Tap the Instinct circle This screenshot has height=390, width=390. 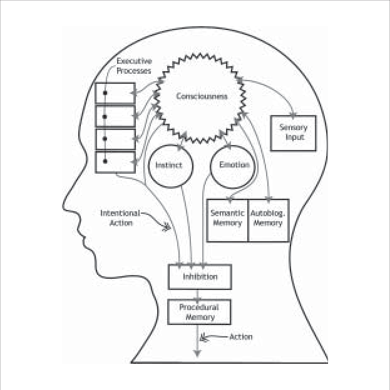point(168,166)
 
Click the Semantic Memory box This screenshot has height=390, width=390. point(227,219)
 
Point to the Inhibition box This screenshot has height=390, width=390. point(200,276)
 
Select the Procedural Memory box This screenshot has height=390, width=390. point(200,312)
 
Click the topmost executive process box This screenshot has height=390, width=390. point(115,93)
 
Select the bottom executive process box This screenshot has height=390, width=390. point(115,162)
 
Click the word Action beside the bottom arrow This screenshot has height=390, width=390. point(241,337)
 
